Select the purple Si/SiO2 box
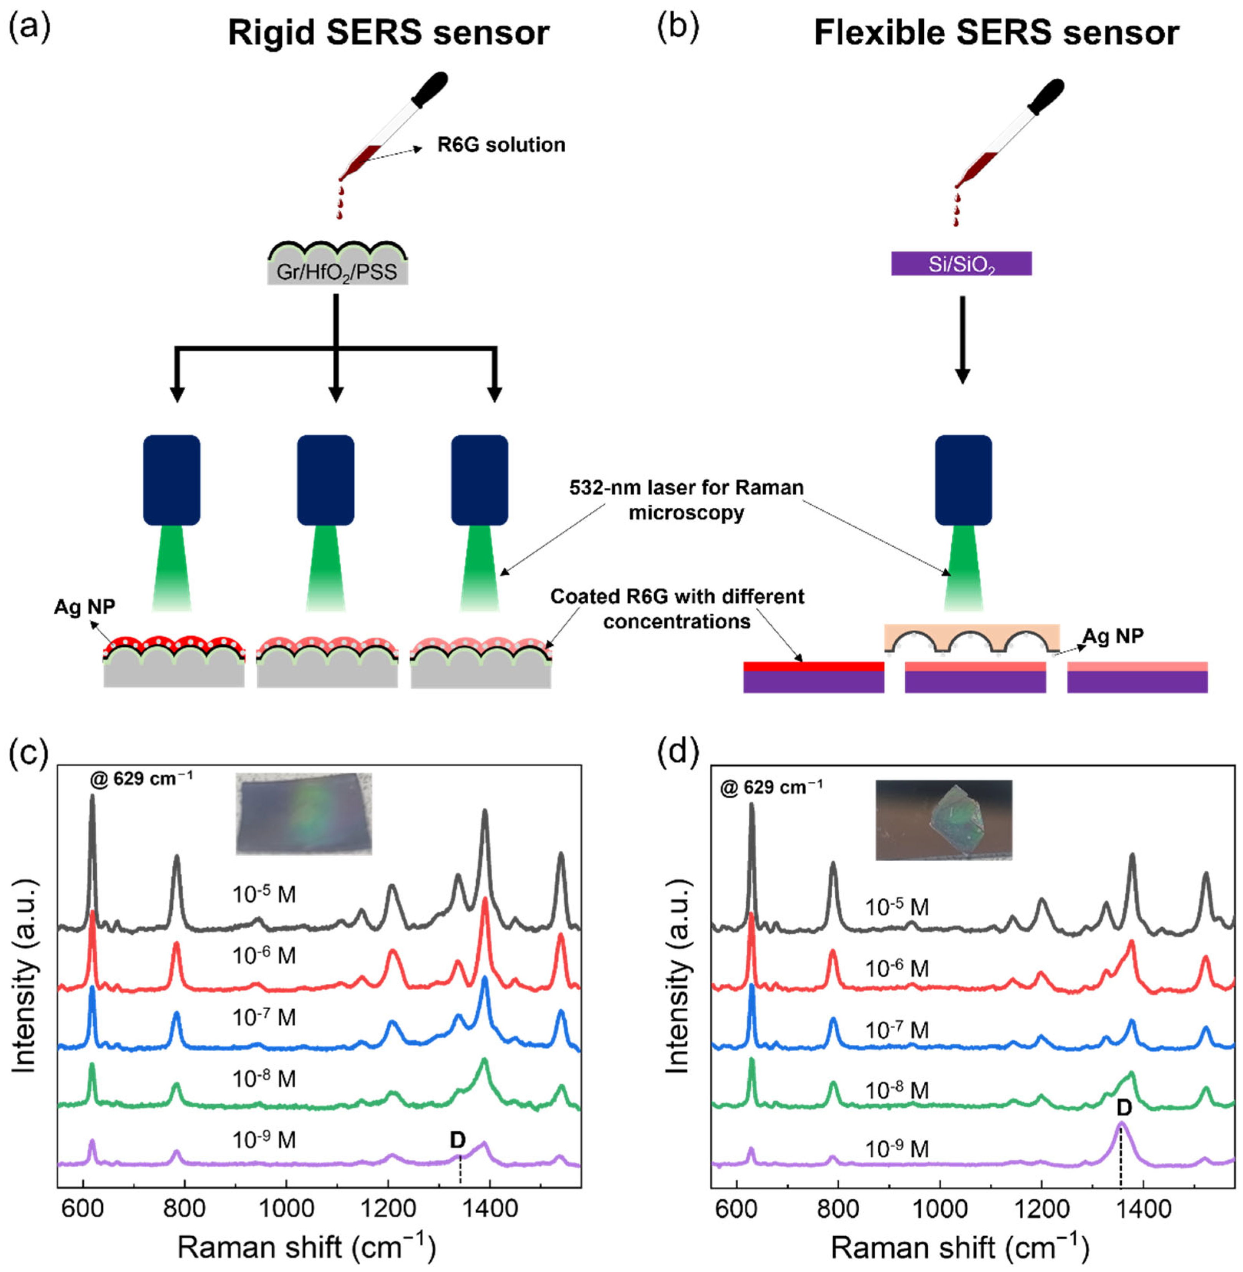[x=961, y=264]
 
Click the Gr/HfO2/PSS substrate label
[x=337, y=271]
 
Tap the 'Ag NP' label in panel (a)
[x=84, y=606]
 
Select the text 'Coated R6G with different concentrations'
[x=677, y=609]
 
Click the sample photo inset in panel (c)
[x=304, y=814]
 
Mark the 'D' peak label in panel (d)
[x=1123, y=1107]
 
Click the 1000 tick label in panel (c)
[x=285, y=1208]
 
